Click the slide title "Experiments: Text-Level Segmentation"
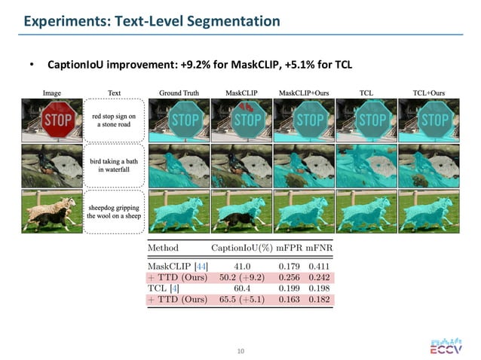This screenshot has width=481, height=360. [152, 21]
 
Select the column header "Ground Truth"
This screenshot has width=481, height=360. [179, 93]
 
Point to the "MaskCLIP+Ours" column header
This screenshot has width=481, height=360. [303, 93]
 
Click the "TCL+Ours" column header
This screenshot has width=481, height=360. [429, 93]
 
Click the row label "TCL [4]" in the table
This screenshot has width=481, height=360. [163, 288]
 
